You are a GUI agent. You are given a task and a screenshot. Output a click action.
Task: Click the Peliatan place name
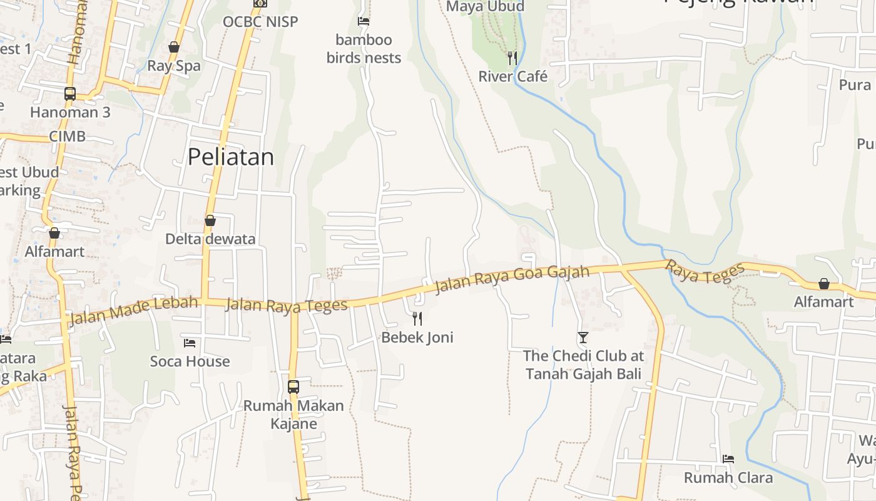(231, 157)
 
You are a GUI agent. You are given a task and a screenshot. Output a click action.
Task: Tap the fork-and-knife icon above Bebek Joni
(417, 319)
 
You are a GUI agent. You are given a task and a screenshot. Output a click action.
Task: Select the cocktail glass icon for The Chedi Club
(583, 338)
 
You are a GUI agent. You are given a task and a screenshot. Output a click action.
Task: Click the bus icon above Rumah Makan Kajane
(293, 386)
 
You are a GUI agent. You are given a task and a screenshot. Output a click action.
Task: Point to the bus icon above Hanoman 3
(70, 94)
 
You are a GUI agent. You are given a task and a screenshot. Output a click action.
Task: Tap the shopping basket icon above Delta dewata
(210, 220)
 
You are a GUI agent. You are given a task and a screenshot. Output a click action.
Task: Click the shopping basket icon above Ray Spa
(174, 47)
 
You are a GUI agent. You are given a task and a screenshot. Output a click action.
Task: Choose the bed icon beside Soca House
(190, 343)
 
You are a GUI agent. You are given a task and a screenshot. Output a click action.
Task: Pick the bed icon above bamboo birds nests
(364, 21)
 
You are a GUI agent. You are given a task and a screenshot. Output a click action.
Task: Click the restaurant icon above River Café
(512, 58)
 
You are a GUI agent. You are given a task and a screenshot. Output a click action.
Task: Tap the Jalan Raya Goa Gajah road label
(512, 279)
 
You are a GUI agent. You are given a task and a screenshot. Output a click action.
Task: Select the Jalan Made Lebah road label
(133, 310)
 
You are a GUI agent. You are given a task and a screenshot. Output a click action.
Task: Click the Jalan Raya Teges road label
(286, 305)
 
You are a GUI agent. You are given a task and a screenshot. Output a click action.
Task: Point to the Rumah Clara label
(728, 478)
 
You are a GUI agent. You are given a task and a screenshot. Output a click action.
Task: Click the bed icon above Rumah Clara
(728, 459)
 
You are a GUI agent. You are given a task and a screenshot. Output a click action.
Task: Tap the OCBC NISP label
(260, 22)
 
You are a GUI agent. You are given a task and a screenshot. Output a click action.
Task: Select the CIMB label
(67, 137)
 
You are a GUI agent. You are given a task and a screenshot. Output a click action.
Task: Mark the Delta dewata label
(210, 239)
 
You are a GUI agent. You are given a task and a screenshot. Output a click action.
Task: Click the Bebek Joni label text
(417, 338)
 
